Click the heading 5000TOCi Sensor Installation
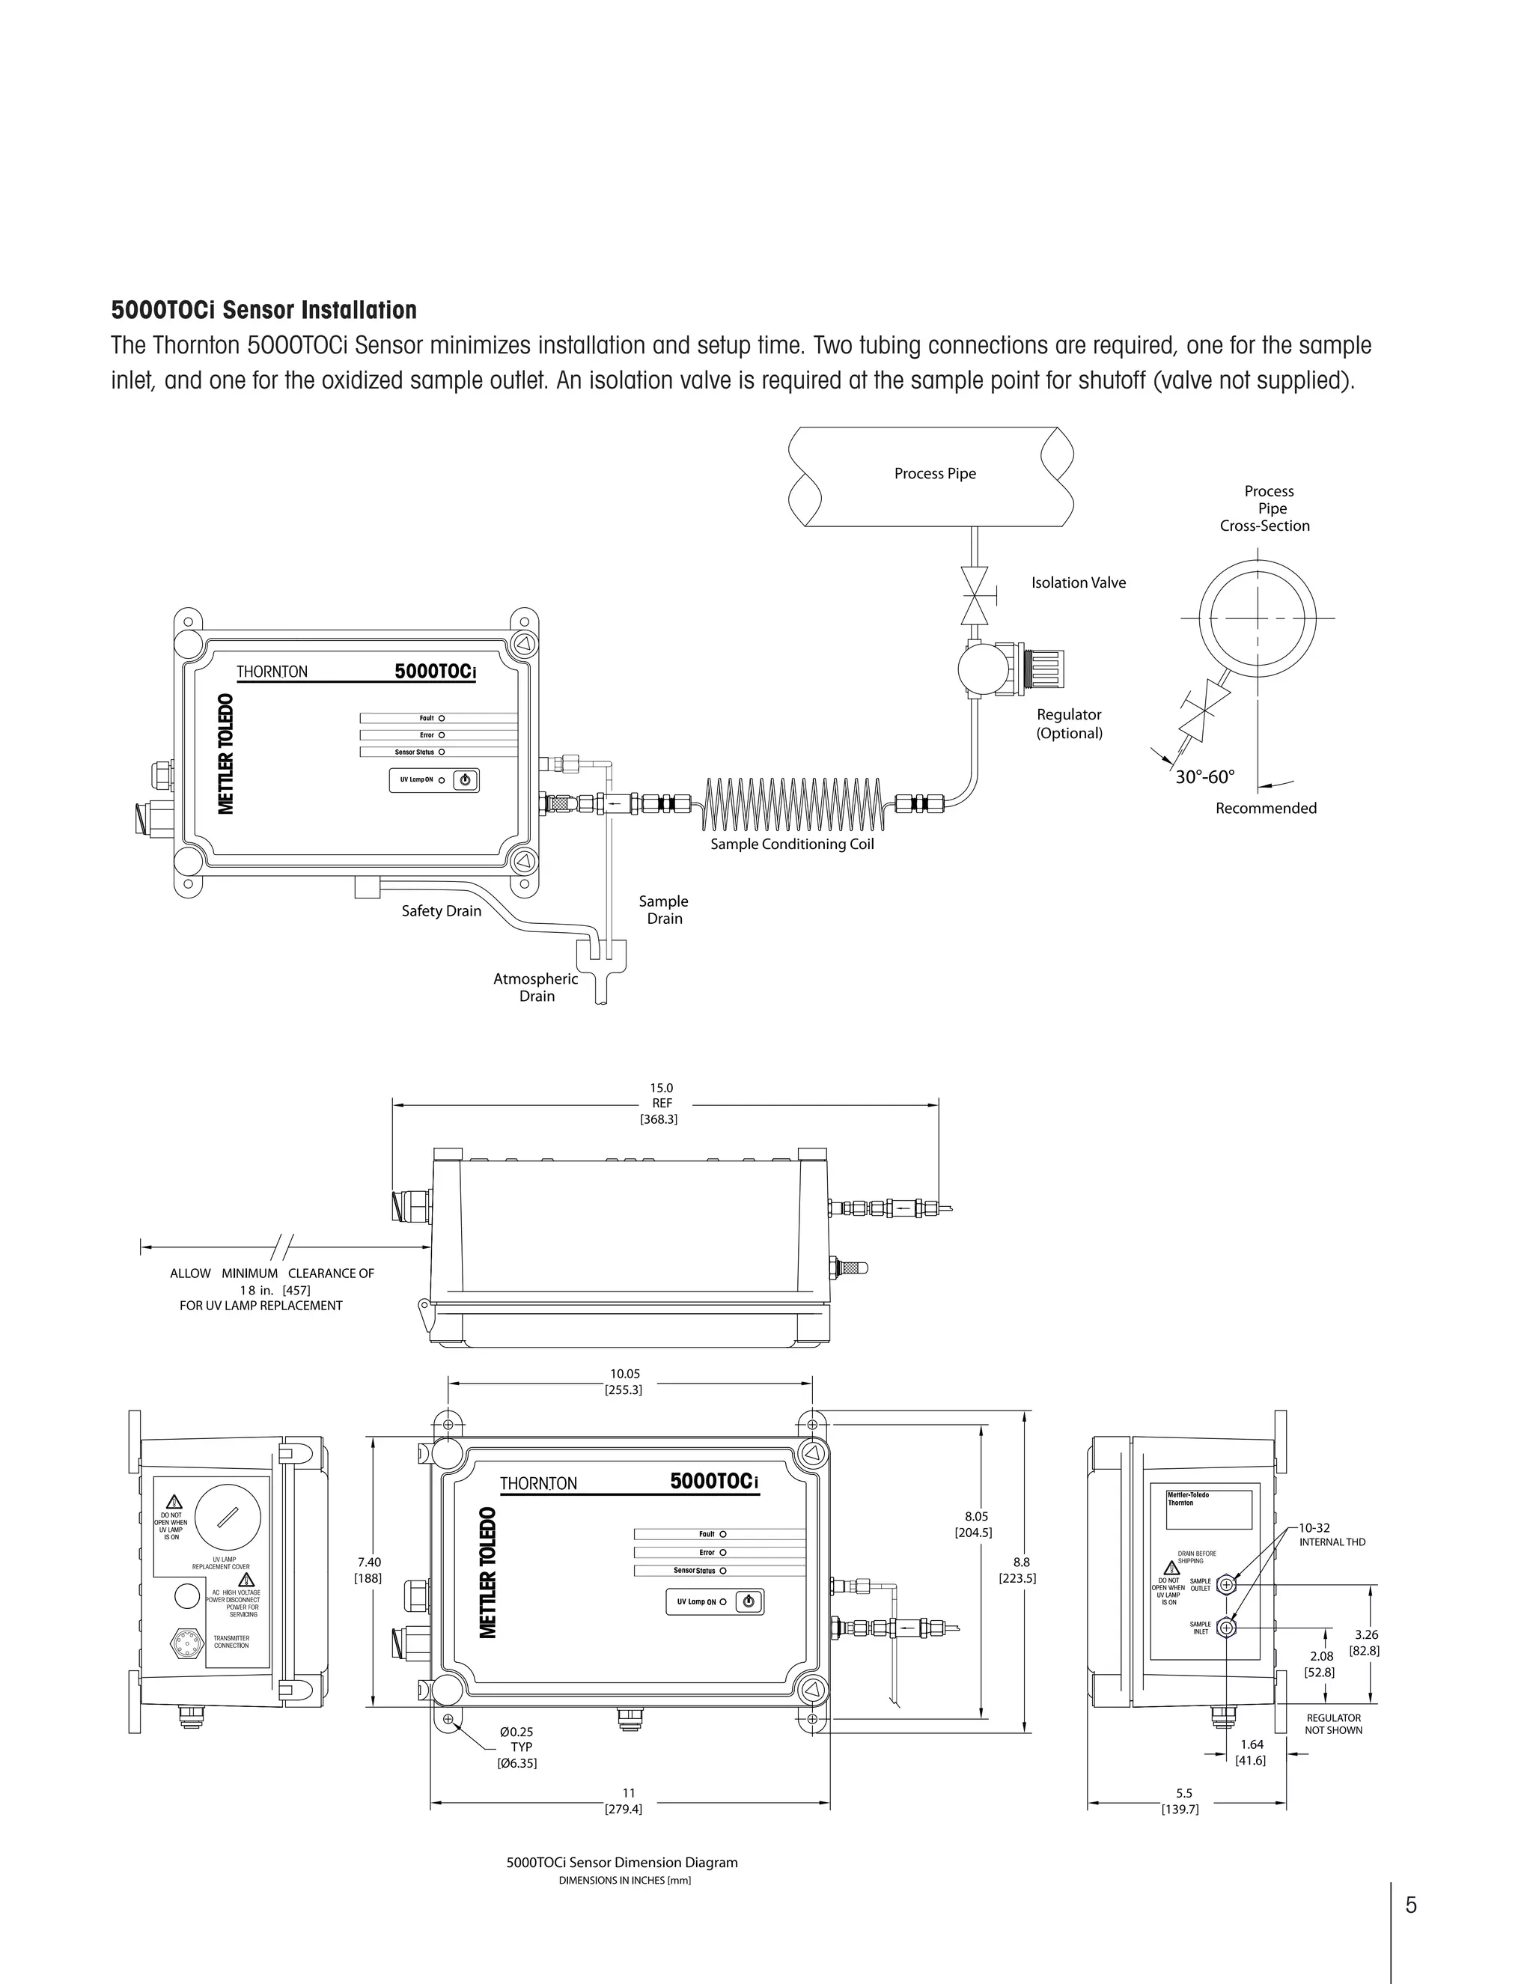tap(263, 311)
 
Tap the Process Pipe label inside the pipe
tap(934, 473)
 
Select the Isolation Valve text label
tap(1078, 583)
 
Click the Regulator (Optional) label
tap(1069, 724)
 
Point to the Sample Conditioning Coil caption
tap(792, 844)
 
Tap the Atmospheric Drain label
tap(536, 988)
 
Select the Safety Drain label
tap(442, 911)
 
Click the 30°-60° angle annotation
tap(1205, 776)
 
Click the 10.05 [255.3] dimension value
tap(625, 1382)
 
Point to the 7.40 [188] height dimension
tap(369, 1570)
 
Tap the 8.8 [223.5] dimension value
tap(1019, 1570)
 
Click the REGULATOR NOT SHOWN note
tap(1333, 1724)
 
